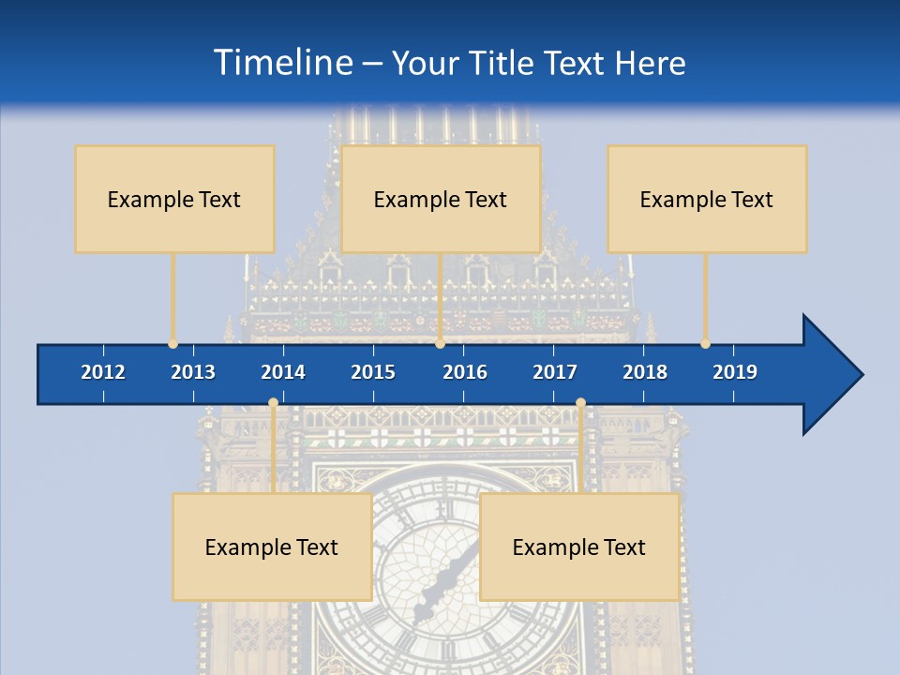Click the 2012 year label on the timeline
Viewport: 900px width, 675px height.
click(103, 372)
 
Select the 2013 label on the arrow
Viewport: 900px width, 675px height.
click(193, 372)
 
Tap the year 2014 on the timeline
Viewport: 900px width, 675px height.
click(283, 372)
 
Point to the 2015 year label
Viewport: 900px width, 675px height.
click(373, 372)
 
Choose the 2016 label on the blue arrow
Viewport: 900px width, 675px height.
click(465, 372)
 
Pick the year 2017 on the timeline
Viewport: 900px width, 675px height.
click(555, 372)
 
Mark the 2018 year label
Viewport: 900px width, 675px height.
click(645, 372)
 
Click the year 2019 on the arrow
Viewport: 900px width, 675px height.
click(735, 372)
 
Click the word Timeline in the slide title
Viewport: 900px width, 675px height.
click(281, 63)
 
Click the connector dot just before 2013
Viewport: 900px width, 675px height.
click(172, 344)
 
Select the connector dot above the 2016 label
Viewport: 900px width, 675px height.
click(440, 344)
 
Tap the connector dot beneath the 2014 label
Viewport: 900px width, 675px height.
click(273, 403)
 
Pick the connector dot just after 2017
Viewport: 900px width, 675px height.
click(580, 403)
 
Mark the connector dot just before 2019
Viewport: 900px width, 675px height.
click(706, 344)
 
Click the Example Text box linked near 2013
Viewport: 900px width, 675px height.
click(174, 199)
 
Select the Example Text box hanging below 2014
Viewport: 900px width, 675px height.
click(272, 547)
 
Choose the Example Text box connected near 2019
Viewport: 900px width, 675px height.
click(707, 199)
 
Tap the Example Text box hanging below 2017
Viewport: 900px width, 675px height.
click(579, 547)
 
